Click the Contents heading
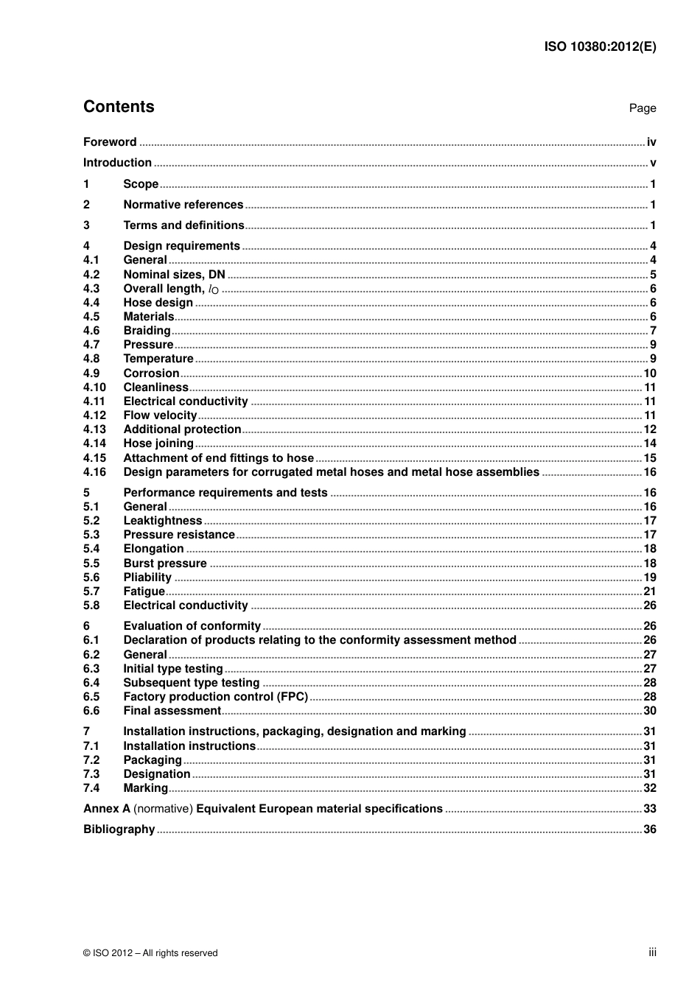(x=119, y=107)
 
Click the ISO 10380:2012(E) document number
(x=600, y=46)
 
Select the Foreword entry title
(x=110, y=142)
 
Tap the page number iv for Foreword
(x=651, y=142)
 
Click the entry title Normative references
(x=183, y=205)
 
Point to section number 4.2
(x=91, y=275)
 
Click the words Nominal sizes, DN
(x=174, y=275)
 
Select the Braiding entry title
(x=147, y=331)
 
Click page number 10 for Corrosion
(x=650, y=373)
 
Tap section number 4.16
(x=94, y=472)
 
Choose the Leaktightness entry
(x=162, y=521)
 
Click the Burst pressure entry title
(x=165, y=564)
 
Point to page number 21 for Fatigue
(x=650, y=591)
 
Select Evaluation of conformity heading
(x=192, y=626)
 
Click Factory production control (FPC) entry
(x=215, y=697)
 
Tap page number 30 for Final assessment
(x=650, y=711)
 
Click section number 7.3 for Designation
(x=91, y=774)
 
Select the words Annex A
(x=106, y=809)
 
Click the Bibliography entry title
(x=119, y=829)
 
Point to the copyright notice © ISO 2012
(x=150, y=953)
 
